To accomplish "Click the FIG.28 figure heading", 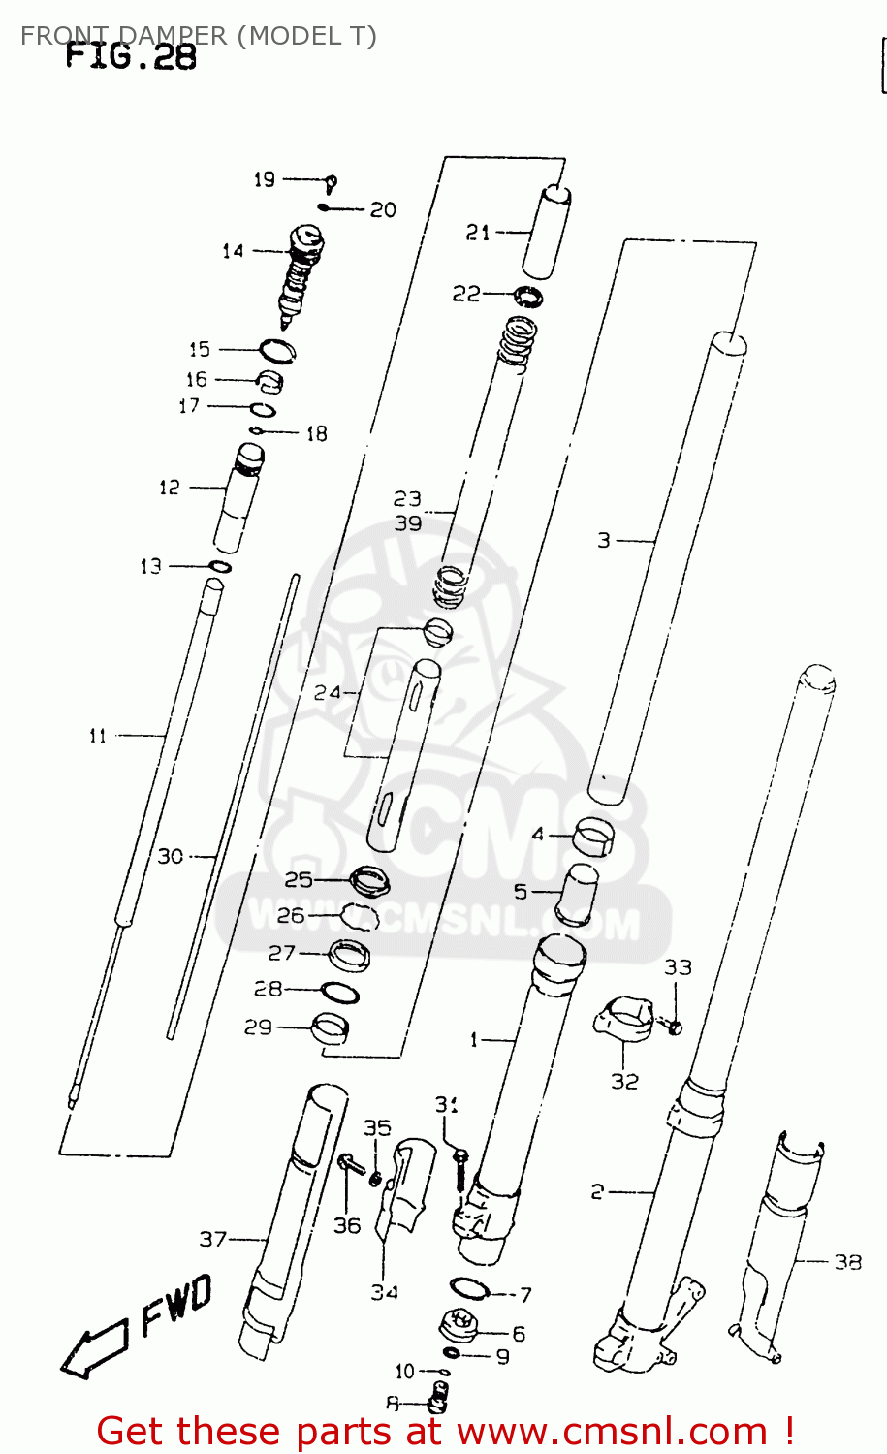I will coord(131,57).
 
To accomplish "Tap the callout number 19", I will coord(264,179).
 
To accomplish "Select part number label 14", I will coord(233,251).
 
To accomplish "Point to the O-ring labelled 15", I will coord(276,350).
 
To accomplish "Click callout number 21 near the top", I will coord(478,233).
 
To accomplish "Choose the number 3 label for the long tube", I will coord(604,540).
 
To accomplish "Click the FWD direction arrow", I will coord(93,1350).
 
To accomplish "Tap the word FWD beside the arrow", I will coord(176,1304).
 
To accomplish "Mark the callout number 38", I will coord(847,1261).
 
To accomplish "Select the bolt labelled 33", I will coord(675,1026).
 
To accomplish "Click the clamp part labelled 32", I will coord(623,1021).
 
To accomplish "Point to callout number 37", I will coord(213,1239).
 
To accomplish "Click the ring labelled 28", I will coord(339,994).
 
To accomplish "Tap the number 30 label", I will coord(171,856).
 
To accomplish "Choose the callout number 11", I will coord(97,736).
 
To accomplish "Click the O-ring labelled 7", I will coord(469,1288).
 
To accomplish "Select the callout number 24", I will coord(327,692).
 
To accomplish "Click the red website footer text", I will coord(446,1431).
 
